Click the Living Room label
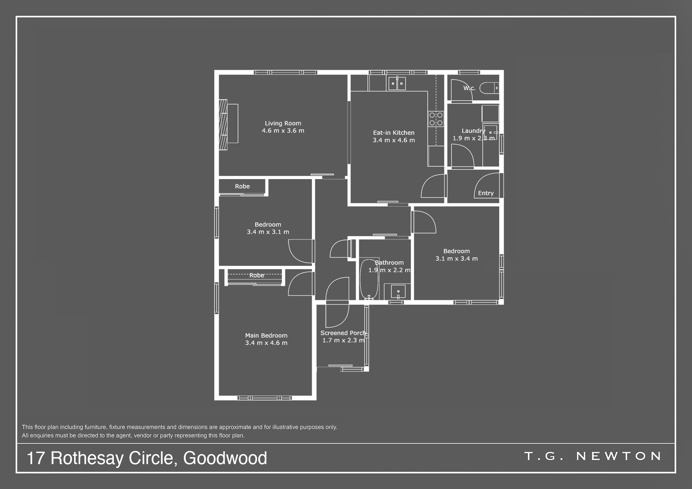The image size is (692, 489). [283, 123]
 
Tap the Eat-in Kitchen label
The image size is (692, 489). [394, 133]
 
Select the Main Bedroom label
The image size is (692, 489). [266, 335]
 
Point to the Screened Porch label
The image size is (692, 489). [343, 333]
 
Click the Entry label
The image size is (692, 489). [486, 193]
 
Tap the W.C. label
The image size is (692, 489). [470, 88]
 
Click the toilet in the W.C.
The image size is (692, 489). [489, 88]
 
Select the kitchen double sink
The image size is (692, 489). [397, 83]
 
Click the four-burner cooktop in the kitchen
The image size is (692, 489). [436, 119]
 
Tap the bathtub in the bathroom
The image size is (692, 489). [369, 279]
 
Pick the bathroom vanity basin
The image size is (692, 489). [398, 292]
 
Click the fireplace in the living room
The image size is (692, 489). [223, 124]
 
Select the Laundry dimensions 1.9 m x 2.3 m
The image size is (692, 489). [474, 138]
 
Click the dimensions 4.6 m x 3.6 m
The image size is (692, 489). [283, 131]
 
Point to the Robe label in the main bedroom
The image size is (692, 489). [257, 275]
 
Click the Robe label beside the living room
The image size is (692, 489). [242, 186]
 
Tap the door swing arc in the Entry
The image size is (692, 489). [481, 180]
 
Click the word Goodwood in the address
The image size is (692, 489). [225, 458]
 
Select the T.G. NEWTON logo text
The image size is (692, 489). [593, 456]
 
